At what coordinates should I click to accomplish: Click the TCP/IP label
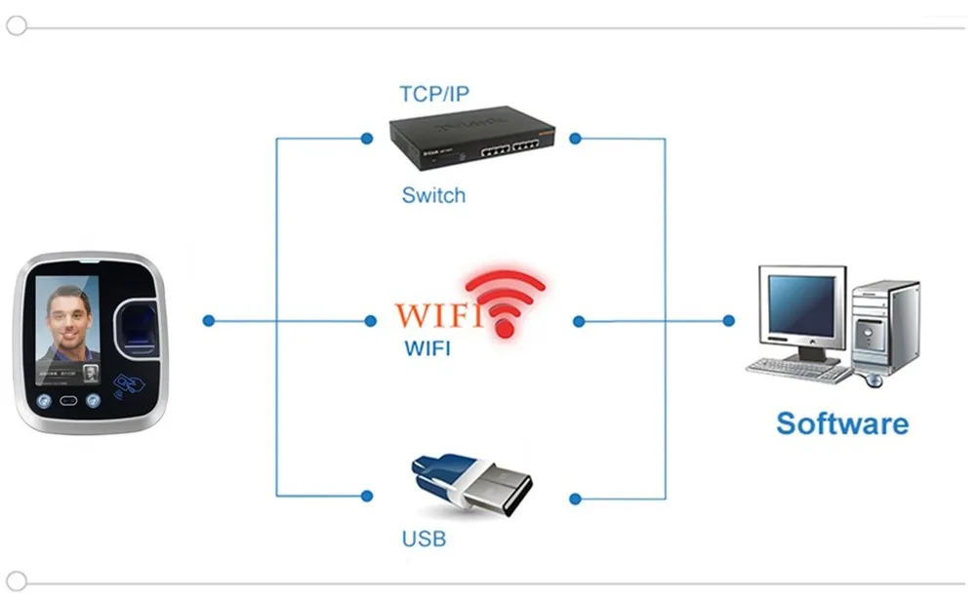click(434, 94)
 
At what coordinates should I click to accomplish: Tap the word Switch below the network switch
click(433, 195)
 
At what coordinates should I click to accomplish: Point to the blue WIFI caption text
click(427, 348)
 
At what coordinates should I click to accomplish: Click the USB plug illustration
click(471, 483)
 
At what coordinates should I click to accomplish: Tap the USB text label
click(424, 539)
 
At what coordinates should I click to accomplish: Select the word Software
click(841, 423)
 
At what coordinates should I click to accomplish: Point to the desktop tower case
click(885, 328)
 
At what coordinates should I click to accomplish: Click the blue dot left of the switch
click(366, 139)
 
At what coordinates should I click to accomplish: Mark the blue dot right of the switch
click(576, 139)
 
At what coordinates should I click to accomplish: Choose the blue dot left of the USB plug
click(366, 495)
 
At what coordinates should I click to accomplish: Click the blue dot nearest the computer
click(728, 320)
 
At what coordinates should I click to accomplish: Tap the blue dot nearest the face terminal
click(208, 320)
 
